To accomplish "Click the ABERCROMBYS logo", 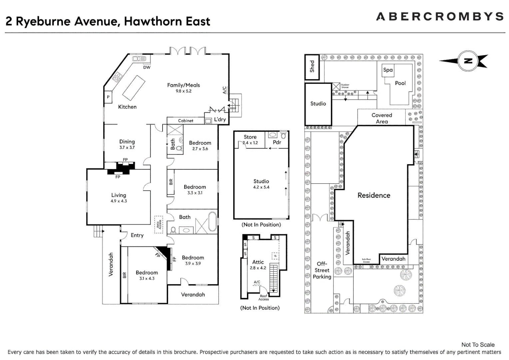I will click(x=440, y=16).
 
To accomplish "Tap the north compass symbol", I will click(x=468, y=61).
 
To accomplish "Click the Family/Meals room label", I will click(x=184, y=85).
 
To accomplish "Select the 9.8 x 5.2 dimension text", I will click(x=184, y=91).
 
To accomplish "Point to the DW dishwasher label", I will click(x=147, y=67).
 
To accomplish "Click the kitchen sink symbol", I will click(x=139, y=59).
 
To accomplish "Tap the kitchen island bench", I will click(x=134, y=88).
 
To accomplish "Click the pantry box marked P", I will click(x=108, y=97).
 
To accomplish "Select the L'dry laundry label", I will click(x=220, y=119).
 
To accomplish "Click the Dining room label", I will click(x=127, y=142).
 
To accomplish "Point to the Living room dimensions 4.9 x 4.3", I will click(x=119, y=201).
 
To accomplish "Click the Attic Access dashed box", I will click(x=159, y=224).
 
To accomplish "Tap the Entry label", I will click(x=137, y=235).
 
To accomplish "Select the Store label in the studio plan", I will click(x=250, y=137).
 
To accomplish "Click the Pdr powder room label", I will click(x=277, y=142).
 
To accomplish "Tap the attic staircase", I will click(x=273, y=278).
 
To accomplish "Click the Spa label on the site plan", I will click(x=388, y=70).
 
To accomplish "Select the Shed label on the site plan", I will click(x=312, y=66).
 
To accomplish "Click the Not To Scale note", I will click(x=478, y=345).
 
